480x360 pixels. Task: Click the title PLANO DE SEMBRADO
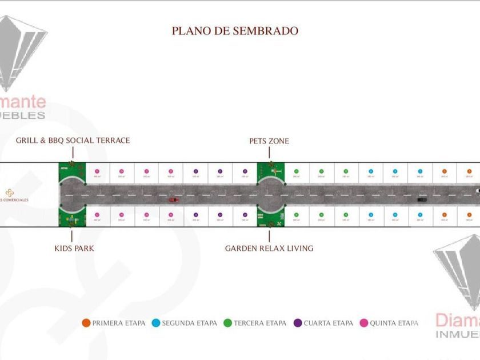tap(235, 31)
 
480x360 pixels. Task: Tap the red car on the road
tap(173, 199)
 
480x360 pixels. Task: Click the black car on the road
tap(422, 199)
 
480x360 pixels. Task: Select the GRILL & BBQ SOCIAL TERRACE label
tap(73, 141)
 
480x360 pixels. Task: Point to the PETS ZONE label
tap(269, 141)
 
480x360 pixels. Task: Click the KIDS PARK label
tap(74, 249)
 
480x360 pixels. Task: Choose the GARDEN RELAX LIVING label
tap(269, 249)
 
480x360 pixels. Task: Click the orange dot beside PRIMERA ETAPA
tap(86, 323)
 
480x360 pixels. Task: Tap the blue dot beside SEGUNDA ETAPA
tap(156, 323)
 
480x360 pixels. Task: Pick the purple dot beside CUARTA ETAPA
tap(298, 323)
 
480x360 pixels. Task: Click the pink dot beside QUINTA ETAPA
tap(364, 323)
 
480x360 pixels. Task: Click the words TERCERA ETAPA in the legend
tap(260, 323)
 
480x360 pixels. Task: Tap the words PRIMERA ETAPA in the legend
tap(119, 323)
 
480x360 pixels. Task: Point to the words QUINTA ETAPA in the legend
tap(394, 323)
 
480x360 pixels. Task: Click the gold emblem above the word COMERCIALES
tap(9, 193)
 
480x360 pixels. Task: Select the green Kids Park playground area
tap(72, 218)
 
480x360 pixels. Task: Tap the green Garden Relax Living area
tap(271, 219)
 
